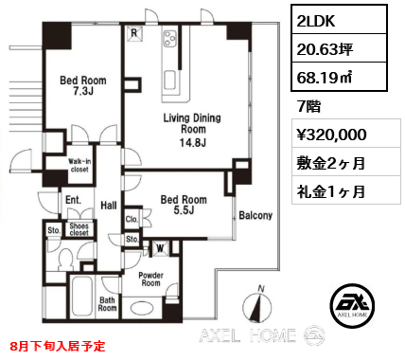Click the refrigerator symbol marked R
134,33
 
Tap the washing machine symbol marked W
160,248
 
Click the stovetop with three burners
170,39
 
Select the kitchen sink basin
170,81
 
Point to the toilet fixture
66,260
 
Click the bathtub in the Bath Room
81,297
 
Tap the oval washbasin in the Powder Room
142,308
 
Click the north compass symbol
257,304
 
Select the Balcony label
255,215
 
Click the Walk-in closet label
79,166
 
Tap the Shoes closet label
79,229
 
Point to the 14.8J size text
193,143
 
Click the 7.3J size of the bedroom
83,91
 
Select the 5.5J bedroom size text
184,210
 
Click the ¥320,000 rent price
331,135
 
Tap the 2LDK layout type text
316,20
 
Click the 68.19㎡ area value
325,77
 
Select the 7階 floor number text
309,106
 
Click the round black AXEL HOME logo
353,305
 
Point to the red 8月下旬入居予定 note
58,346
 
